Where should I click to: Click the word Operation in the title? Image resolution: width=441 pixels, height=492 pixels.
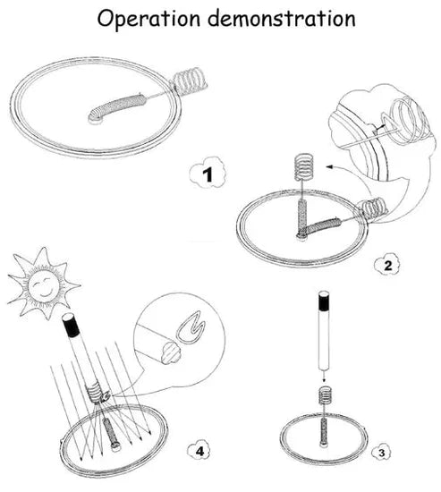[x=148, y=20]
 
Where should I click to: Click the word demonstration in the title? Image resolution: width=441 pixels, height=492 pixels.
[x=282, y=18]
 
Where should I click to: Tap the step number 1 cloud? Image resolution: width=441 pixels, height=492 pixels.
[x=208, y=173]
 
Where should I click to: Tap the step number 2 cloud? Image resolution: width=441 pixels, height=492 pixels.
[x=387, y=266]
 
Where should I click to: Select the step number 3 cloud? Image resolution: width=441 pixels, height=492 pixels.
[x=381, y=453]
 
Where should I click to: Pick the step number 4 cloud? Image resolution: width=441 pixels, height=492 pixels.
[x=199, y=451]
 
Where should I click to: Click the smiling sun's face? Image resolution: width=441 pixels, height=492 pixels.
[x=44, y=284]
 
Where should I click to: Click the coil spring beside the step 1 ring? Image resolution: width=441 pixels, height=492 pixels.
[x=189, y=81]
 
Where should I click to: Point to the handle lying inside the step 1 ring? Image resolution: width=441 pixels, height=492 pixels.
[x=118, y=107]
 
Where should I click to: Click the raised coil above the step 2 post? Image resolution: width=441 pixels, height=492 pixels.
[x=304, y=167]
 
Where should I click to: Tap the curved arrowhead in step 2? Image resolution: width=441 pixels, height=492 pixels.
[x=329, y=167]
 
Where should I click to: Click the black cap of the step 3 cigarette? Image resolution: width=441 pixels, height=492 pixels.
[x=324, y=301]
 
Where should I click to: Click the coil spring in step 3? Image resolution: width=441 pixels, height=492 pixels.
[x=326, y=396]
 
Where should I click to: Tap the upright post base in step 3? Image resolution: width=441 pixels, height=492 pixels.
[x=324, y=434]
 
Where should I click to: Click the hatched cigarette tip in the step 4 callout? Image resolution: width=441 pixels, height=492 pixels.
[x=170, y=352]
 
